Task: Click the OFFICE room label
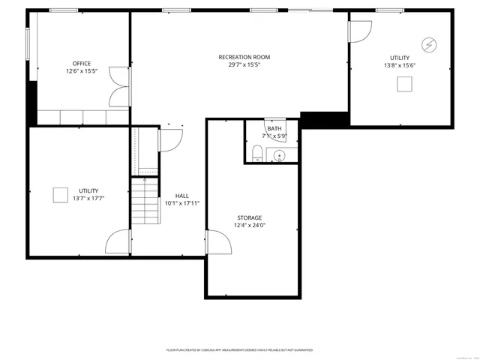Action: (x=81, y=64)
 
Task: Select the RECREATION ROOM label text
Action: (x=244, y=57)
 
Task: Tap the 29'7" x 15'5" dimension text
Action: (x=244, y=65)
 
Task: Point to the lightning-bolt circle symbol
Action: (x=429, y=44)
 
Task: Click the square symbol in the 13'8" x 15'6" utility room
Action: (x=403, y=84)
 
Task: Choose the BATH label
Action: (x=274, y=128)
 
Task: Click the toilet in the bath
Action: (x=257, y=154)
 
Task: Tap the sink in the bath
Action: (x=279, y=156)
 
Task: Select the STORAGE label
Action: (x=250, y=217)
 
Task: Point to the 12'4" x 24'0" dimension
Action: (x=250, y=225)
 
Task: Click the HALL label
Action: (x=181, y=196)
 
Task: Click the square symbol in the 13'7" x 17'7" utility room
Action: (x=60, y=194)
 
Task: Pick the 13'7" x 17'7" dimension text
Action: (x=88, y=199)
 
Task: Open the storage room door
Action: (x=217, y=244)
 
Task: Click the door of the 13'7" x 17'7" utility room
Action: (x=118, y=241)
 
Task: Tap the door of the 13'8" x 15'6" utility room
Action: (x=361, y=31)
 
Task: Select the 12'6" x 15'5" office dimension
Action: (x=81, y=72)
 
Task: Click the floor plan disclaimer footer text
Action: (x=239, y=350)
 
